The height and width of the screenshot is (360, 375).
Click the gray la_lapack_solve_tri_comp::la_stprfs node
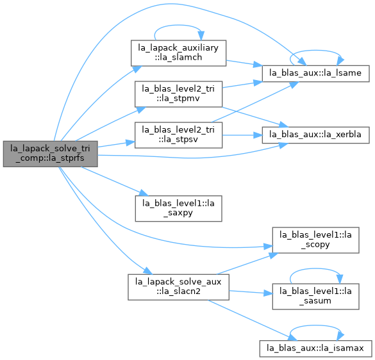(x=50, y=154)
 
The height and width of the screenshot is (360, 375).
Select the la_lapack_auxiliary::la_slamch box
(x=178, y=53)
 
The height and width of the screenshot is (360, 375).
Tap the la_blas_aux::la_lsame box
(x=315, y=74)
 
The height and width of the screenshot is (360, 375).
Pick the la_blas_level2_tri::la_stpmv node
(x=178, y=94)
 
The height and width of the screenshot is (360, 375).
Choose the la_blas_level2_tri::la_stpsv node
(x=178, y=135)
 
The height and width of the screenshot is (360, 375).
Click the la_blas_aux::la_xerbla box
(x=315, y=135)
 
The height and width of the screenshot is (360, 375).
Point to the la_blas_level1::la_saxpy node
(x=178, y=208)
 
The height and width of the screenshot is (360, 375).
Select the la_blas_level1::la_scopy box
(x=315, y=240)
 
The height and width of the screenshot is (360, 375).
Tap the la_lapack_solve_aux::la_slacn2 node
(x=178, y=287)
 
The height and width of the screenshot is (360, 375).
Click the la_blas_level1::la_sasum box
(x=315, y=297)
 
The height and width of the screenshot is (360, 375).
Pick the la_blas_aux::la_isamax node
(x=315, y=348)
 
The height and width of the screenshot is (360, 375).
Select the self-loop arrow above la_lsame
(x=315, y=51)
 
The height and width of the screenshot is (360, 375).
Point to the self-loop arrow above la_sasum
(x=315, y=268)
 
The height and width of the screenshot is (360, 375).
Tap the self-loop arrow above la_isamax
(x=315, y=325)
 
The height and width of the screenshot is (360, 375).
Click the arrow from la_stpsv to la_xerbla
(x=242, y=135)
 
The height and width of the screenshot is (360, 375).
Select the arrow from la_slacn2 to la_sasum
(x=251, y=292)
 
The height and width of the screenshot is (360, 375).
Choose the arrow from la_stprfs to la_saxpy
(x=114, y=181)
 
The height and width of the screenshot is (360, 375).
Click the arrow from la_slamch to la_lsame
(x=244, y=63)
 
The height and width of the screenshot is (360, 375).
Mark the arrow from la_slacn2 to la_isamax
(x=252, y=320)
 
